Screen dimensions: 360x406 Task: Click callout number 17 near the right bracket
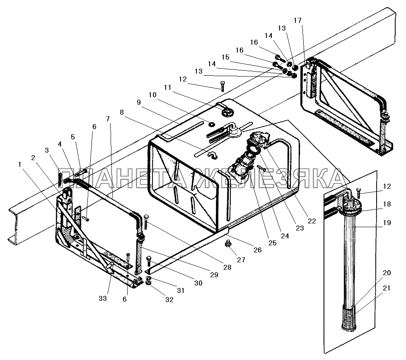[x=297, y=20]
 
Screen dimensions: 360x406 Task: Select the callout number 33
[x=103, y=298]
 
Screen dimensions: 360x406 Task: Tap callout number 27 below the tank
[x=241, y=260]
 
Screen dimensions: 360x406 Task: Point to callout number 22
[x=312, y=221]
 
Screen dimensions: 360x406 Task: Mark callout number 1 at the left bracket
[x=19, y=164]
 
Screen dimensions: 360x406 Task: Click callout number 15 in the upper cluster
[x=225, y=57]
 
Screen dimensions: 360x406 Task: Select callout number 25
[x=272, y=243]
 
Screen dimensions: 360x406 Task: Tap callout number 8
[x=121, y=112]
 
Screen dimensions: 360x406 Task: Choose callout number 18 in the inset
[x=387, y=204]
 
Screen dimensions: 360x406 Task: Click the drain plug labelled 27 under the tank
[x=227, y=244]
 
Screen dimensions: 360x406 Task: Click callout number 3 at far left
[x=47, y=149]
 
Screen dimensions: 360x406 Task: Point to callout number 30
[x=198, y=283]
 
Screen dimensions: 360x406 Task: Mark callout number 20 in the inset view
[x=387, y=272]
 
